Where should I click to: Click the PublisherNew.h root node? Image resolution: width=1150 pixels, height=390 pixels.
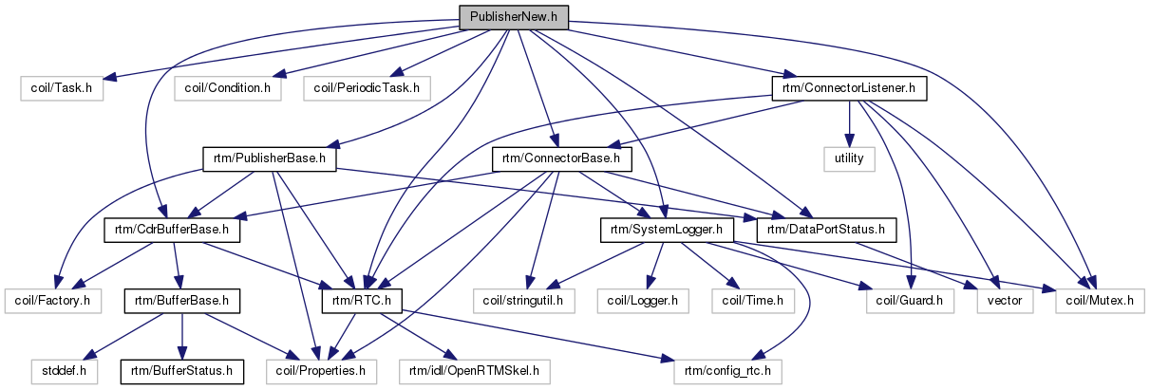(513, 18)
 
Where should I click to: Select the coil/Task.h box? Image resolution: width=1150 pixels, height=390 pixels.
(62, 88)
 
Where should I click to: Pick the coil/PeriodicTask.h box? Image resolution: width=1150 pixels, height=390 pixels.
(368, 88)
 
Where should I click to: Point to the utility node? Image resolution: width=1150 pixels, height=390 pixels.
(849, 158)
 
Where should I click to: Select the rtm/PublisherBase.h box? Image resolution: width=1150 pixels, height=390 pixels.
(271, 158)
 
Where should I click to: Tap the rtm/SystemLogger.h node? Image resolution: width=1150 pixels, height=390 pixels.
(666, 230)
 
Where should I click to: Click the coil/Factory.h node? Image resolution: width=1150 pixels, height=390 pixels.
(53, 301)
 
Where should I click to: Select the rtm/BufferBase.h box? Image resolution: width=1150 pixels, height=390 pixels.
(180, 301)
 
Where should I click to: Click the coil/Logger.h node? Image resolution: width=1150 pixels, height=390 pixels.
(645, 301)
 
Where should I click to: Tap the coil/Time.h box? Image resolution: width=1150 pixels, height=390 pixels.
(752, 301)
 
